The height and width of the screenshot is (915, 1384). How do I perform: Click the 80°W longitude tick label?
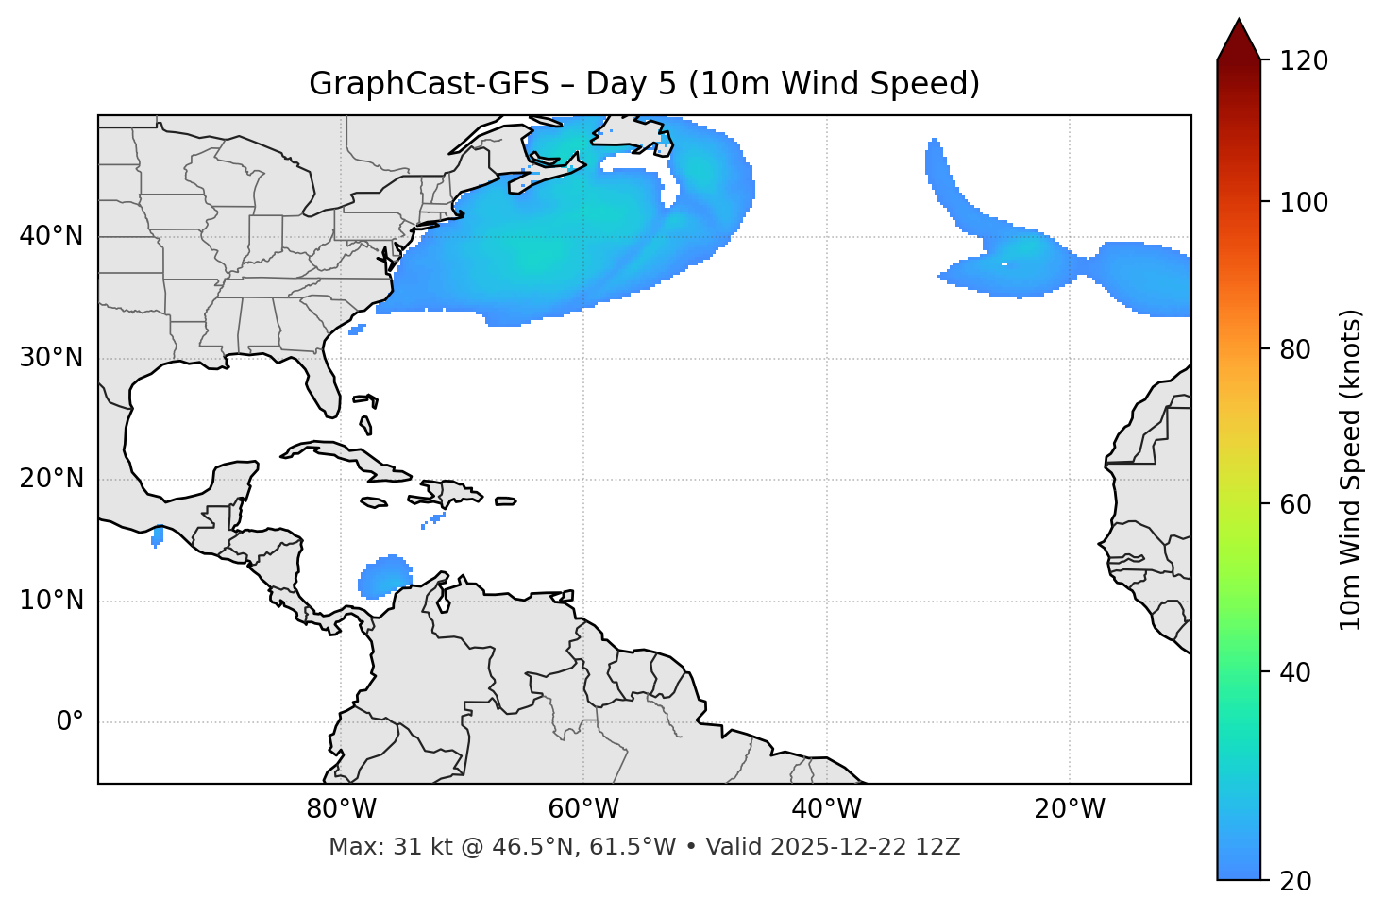click(341, 809)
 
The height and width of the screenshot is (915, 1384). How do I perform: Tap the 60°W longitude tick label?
click(583, 809)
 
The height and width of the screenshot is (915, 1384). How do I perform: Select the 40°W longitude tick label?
click(826, 809)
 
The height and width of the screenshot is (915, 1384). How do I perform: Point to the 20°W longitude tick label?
click(1069, 809)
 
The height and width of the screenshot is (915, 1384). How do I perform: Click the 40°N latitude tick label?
click(51, 236)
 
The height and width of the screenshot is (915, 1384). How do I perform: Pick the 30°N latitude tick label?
click(51, 358)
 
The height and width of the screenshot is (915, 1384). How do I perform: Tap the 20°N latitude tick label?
click(51, 479)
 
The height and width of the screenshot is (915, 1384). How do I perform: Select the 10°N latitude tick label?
click(51, 601)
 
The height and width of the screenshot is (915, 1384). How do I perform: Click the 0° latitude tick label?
click(70, 722)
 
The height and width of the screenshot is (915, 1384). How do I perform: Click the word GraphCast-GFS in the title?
click(429, 84)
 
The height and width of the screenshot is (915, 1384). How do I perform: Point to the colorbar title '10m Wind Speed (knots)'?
click(1351, 469)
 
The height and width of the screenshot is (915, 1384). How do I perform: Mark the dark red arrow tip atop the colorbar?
click(1239, 36)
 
